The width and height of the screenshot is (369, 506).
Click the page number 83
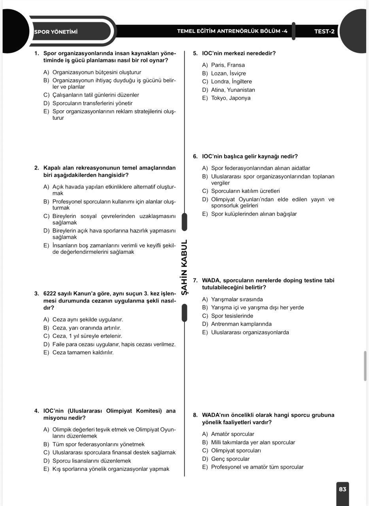343,489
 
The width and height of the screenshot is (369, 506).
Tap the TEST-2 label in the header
324,32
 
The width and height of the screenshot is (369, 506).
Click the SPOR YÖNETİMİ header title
56,32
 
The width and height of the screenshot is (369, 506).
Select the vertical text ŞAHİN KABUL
184,267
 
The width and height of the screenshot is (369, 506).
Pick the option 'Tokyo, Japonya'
231,98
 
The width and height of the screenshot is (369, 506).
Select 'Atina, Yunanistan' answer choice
233,90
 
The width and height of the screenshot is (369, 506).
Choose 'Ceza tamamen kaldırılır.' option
83,353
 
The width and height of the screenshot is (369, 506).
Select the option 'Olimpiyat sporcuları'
236,451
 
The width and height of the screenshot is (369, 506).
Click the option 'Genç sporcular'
230,459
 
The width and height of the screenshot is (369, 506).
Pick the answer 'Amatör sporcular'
233,434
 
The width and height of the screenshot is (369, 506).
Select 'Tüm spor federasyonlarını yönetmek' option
98,444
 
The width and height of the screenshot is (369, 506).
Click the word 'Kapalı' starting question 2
52,168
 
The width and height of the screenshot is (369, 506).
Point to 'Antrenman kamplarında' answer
241,324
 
